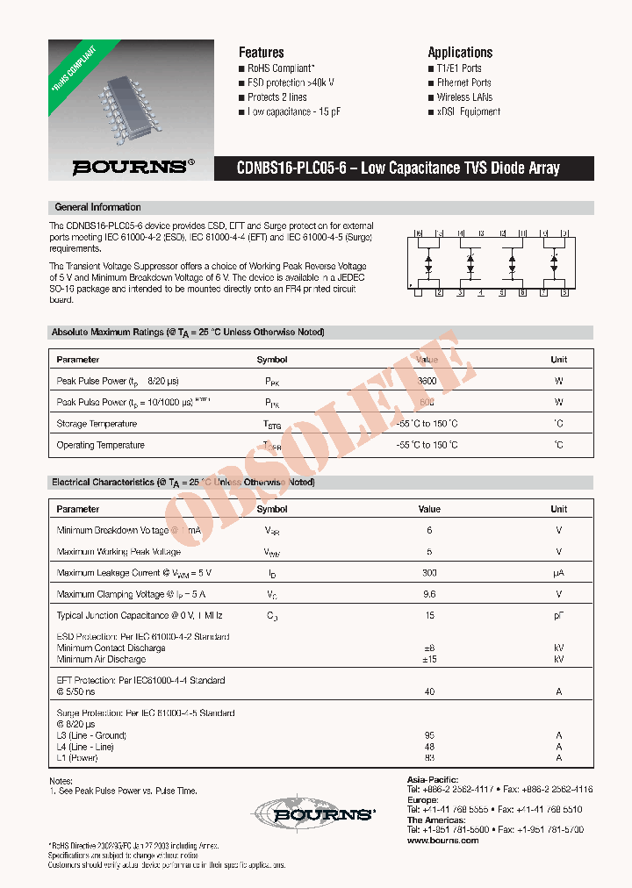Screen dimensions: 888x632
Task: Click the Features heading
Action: pyautogui.click(x=261, y=53)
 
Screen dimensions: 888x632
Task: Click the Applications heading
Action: pyautogui.click(x=460, y=53)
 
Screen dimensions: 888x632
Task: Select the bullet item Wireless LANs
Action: pyautogui.click(x=464, y=97)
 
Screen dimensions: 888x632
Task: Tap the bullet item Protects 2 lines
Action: pyautogui.click(x=276, y=97)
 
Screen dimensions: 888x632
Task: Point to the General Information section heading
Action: pyautogui.click(x=97, y=207)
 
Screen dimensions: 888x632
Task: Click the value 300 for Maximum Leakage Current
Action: pyautogui.click(x=429, y=573)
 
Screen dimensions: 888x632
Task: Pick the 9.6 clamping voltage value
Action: pyautogui.click(x=429, y=594)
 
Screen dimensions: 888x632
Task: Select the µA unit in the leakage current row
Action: pyautogui.click(x=558, y=573)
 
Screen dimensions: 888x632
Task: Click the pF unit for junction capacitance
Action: pyautogui.click(x=558, y=616)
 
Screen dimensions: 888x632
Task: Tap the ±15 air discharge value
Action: pyautogui.click(x=429, y=659)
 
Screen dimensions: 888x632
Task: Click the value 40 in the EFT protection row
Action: pyautogui.click(x=429, y=692)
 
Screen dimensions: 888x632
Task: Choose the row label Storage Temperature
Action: pyautogui.click(x=97, y=424)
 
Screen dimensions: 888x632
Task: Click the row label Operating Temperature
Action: pyautogui.click(x=100, y=445)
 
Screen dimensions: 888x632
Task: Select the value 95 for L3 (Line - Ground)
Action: pyautogui.click(x=429, y=735)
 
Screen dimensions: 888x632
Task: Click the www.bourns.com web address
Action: pyautogui.click(x=443, y=841)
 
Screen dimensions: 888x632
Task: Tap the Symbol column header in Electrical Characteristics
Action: pyautogui.click(x=272, y=509)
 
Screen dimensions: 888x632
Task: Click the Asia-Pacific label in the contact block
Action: pyautogui.click(x=434, y=779)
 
